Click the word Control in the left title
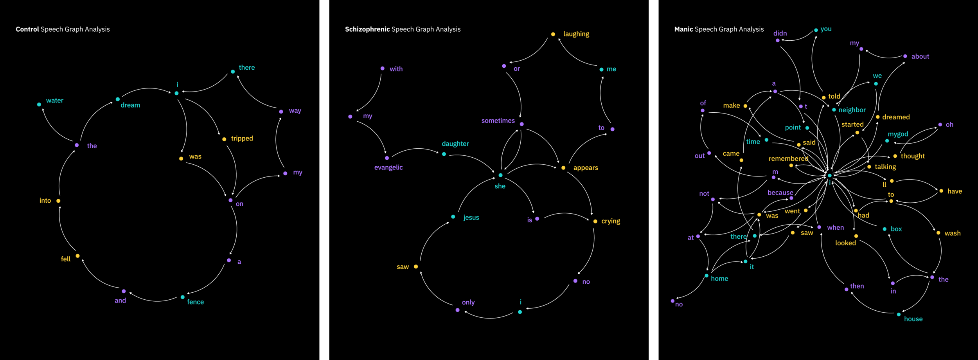(27, 29)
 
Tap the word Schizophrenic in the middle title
(367, 29)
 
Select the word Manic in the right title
(683, 29)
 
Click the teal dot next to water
(39, 104)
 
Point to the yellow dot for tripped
(224, 139)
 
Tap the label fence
(195, 302)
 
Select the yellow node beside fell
(78, 256)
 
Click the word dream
(130, 105)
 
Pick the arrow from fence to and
(155, 300)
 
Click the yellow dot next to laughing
(553, 34)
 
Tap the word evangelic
(388, 167)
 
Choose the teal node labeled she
(500, 175)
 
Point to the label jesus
(471, 218)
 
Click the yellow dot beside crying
(595, 221)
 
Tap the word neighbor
(852, 110)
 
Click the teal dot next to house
(899, 315)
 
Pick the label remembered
(788, 159)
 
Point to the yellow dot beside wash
(938, 233)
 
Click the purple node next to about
(905, 56)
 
